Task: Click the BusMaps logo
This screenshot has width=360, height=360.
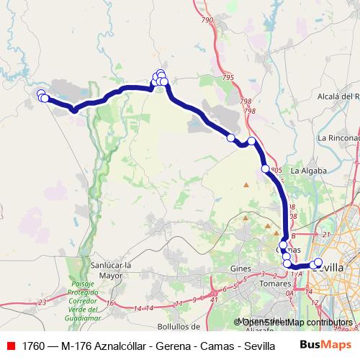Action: (x=325, y=345)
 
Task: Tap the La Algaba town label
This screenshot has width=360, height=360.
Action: (x=309, y=171)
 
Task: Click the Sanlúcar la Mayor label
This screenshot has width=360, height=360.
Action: (x=109, y=270)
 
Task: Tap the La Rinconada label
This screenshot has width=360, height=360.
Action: (x=338, y=138)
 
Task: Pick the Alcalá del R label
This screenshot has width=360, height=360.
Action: (x=338, y=96)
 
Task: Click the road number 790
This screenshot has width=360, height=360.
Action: (x=208, y=20)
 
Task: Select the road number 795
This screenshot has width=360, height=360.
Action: (x=229, y=77)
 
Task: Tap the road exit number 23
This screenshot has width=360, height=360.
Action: (x=42, y=302)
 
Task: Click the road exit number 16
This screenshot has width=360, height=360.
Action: (x=109, y=303)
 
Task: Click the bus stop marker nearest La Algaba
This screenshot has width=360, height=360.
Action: (x=266, y=168)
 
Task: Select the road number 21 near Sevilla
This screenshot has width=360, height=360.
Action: (x=325, y=234)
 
